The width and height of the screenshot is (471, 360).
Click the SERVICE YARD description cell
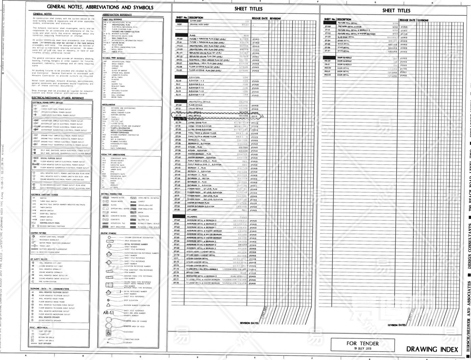point(193,273)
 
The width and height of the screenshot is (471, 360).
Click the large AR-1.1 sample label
point(108,313)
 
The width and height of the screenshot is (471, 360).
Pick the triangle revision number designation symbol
point(108,305)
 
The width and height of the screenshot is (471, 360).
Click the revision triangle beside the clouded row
point(263,116)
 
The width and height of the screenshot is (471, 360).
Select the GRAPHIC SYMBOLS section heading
point(108,234)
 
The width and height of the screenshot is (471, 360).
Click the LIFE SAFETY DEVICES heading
point(39,259)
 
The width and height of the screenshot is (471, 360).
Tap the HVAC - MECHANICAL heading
point(39,328)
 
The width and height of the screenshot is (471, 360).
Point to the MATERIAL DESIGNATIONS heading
point(111,194)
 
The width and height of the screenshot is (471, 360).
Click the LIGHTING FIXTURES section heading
point(38,233)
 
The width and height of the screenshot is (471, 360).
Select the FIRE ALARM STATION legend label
point(48,282)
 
